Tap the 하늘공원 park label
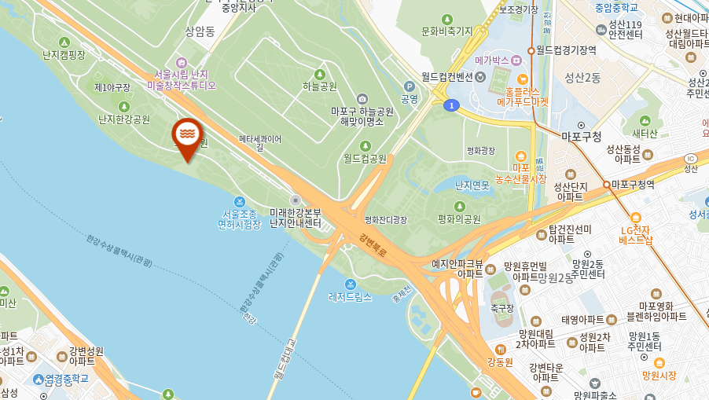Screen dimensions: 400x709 click(320, 86)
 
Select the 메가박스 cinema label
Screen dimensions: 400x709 click(492, 61)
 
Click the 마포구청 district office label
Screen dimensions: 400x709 click(582, 136)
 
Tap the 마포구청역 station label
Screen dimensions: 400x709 click(633, 185)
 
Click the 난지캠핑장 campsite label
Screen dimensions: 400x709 click(64, 54)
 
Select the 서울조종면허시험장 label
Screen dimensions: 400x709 click(240, 218)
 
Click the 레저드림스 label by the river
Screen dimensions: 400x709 click(350, 297)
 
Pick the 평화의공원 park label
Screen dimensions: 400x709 click(459, 219)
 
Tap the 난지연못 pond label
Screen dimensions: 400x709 click(472, 185)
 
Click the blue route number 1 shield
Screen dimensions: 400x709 click(450, 105)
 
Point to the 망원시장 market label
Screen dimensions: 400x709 click(659, 375)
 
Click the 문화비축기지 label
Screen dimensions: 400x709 click(446, 31)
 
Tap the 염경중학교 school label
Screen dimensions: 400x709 click(66, 379)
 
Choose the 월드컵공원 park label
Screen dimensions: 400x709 click(365, 158)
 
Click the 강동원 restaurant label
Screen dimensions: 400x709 click(500, 362)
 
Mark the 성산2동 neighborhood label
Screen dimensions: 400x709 click(582, 77)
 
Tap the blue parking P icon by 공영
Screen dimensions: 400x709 click(409, 86)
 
